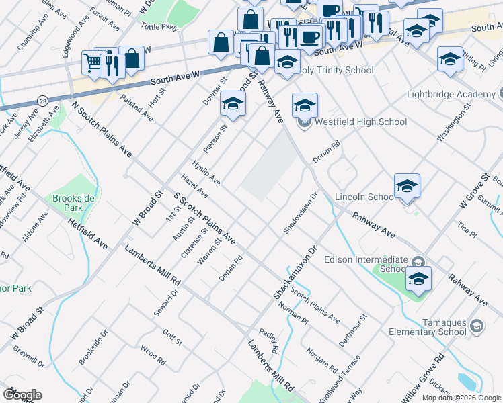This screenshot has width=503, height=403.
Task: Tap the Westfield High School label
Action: click(x=360, y=122)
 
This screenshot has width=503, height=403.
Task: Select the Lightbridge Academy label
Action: click(x=451, y=94)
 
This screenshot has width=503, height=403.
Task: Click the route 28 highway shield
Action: click(x=42, y=100)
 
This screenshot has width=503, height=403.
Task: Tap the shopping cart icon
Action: click(x=92, y=63)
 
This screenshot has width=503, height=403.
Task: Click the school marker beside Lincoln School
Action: click(x=407, y=186)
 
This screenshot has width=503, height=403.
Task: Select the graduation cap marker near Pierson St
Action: click(x=233, y=103)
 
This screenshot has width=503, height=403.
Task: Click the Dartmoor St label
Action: click(x=353, y=330)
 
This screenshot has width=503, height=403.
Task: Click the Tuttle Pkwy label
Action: click(x=159, y=25)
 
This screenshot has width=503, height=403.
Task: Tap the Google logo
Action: click(x=22, y=395)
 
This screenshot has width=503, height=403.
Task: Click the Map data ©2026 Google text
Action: click(x=461, y=398)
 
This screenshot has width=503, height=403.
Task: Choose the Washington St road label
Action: click(x=451, y=126)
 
